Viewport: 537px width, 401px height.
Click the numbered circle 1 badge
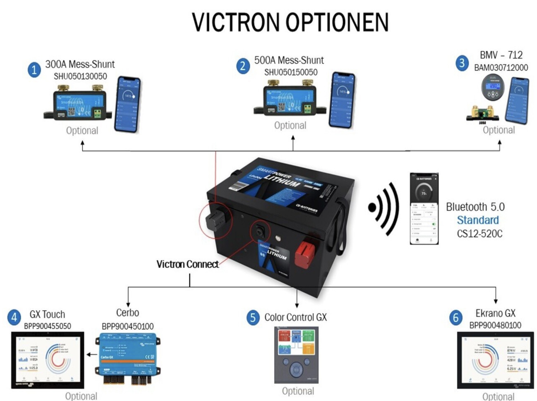point(34,70)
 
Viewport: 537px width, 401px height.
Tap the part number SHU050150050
point(291,72)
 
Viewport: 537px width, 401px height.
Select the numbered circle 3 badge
point(462,63)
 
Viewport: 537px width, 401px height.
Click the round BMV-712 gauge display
point(493,87)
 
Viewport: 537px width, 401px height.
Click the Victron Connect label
point(188,264)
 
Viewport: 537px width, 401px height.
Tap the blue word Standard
point(478,220)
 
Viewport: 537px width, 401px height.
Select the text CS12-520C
point(479,234)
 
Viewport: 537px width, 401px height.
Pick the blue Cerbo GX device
point(127,357)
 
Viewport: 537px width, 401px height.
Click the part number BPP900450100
point(128,326)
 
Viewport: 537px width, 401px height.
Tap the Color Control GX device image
point(296,355)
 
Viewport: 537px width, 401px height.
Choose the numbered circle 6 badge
point(456,318)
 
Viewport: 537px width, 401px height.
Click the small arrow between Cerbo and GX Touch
point(92,355)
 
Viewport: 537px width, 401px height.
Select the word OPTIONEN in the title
point(337,22)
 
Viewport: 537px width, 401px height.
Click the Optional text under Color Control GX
point(298,391)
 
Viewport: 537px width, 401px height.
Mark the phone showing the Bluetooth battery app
point(424,208)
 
